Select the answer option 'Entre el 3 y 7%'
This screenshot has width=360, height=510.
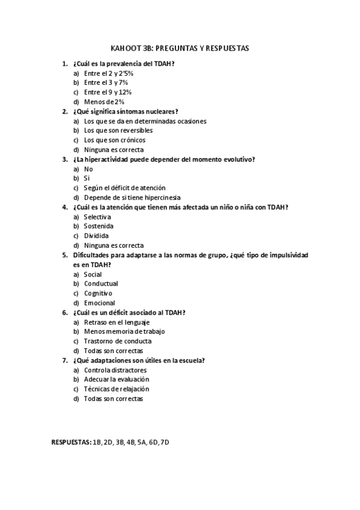[x=106, y=82]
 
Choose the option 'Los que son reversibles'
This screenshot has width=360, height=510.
[x=118, y=131]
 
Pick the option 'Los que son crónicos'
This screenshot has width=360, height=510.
[x=114, y=140]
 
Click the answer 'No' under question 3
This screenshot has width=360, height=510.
[x=88, y=169]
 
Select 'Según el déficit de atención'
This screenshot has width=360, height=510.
[x=124, y=188]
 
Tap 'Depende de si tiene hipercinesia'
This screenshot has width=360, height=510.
[x=132, y=197]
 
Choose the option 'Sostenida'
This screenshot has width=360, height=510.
[x=99, y=226]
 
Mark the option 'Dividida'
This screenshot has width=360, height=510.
[x=96, y=236]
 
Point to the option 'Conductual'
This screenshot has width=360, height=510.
[x=101, y=283]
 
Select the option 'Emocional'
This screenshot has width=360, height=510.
[x=99, y=303]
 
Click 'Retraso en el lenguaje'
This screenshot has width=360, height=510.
[x=117, y=322]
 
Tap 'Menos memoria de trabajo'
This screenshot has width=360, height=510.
[x=124, y=331]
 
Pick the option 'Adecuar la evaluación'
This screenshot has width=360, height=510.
[x=117, y=379]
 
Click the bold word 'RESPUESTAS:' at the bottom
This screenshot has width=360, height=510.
[x=71, y=443]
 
